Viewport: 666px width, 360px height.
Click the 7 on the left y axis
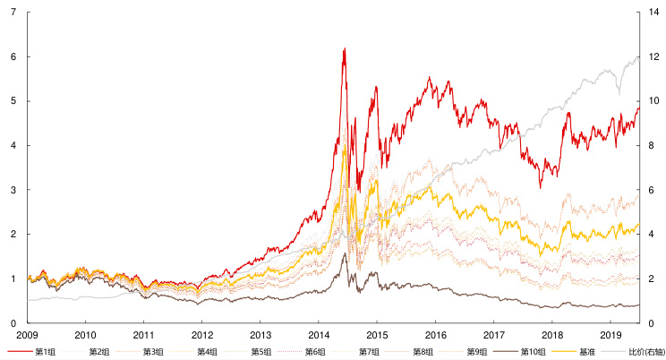pyautogui.click(x=13, y=12)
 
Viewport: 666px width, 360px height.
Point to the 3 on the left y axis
pyautogui.click(x=13, y=190)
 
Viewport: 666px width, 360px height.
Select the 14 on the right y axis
pyautogui.click(x=655, y=12)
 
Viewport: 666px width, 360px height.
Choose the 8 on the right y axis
pyautogui.click(x=653, y=145)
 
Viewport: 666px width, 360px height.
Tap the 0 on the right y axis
pyautogui.click(x=653, y=323)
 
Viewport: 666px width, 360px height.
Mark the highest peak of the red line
pyautogui.click(x=345, y=48)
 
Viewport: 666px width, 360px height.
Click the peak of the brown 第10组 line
pyautogui.click(x=345, y=253)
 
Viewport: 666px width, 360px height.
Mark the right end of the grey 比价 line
pyautogui.click(x=638, y=56)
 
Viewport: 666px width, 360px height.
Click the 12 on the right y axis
pyautogui.click(x=655, y=56)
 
